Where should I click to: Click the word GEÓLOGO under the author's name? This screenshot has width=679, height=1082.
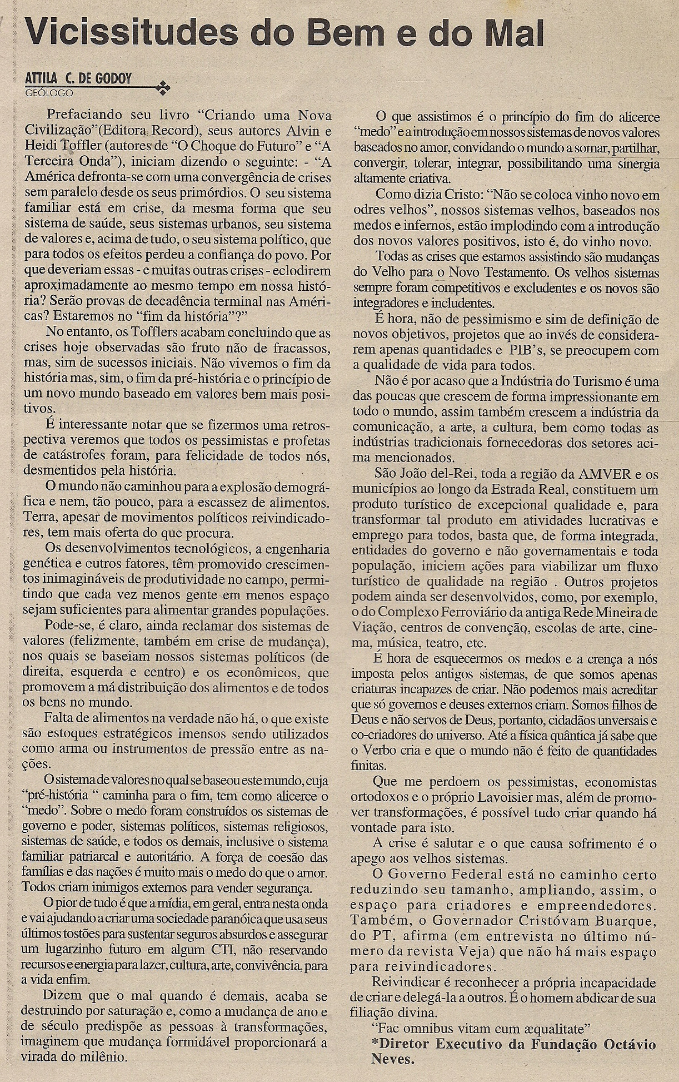pyautogui.click(x=49, y=92)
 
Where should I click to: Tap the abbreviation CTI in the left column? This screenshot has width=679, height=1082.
pyautogui.click(x=224, y=949)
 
